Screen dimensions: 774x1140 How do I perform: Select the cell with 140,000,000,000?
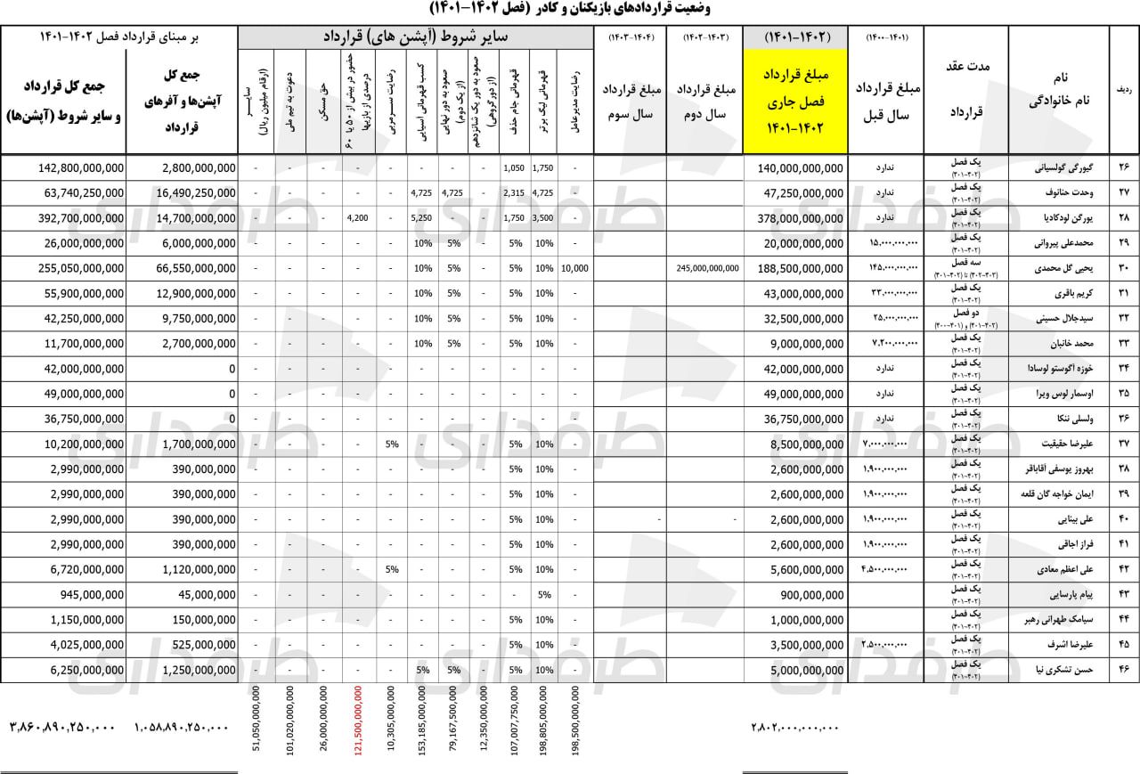coord(800,167)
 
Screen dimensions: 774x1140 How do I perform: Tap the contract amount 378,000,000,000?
coord(800,218)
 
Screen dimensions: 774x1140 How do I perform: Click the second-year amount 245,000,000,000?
coord(707,268)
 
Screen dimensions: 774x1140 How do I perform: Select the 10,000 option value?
coord(574,268)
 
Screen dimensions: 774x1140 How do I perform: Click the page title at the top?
coord(570,9)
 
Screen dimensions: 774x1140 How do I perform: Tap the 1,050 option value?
coord(513,167)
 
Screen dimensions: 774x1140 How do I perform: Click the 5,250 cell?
coord(421,218)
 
